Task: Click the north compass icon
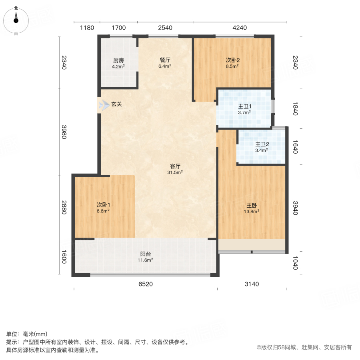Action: tap(16, 19)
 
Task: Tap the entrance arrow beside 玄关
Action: tap(104, 105)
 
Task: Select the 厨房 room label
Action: tap(118, 60)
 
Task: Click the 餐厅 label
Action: tap(165, 60)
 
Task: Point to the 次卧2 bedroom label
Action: tap(232, 60)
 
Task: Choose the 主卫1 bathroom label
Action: tap(244, 106)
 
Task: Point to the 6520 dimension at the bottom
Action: tap(146, 284)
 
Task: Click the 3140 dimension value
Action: tap(252, 284)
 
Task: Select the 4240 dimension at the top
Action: tap(240, 28)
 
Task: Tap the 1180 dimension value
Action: tap(87, 28)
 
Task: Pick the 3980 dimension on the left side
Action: tap(64, 132)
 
